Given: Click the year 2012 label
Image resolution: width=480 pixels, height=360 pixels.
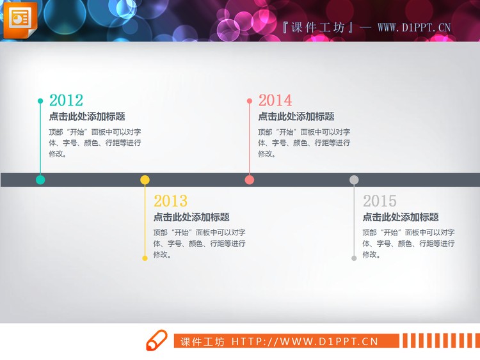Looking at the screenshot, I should pyautogui.click(x=66, y=100).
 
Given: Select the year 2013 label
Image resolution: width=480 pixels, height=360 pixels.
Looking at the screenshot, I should pyautogui.click(x=170, y=201).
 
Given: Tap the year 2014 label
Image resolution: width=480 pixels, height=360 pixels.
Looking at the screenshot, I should pyautogui.click(x=275, y=100).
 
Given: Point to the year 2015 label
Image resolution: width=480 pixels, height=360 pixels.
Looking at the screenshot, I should pyautogui.click(x=380, y=201).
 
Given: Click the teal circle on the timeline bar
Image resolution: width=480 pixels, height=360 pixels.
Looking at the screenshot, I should pyautogui.click(x=40, y=180).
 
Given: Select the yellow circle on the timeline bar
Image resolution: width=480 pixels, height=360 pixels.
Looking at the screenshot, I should pyautogui.click(x=145, y=180).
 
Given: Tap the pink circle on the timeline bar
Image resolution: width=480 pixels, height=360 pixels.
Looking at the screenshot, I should pyautogui.click(x=250, y=180).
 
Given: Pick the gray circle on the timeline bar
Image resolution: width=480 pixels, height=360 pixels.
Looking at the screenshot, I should pyautogui.click(x=354, y=180).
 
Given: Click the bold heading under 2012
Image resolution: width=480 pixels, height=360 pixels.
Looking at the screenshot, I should pyautogui.click(x=87, y=116).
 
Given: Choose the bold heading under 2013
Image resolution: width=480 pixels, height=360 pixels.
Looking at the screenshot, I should pyautogui.click(x=191, y=217).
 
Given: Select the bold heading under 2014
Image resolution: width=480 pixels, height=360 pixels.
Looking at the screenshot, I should pyautogui.click(x=296, y=116).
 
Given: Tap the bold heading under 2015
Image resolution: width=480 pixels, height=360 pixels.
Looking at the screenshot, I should pyautogui.click(x=401, y=217).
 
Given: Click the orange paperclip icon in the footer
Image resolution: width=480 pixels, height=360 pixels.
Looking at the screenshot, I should pyautogui.click(x=156, y=341).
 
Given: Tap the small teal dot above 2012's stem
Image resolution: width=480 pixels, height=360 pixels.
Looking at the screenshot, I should pyautogui.click(x=40, y=101).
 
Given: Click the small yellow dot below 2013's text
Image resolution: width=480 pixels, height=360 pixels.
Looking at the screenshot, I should pyautogui.click(x=145, y=258).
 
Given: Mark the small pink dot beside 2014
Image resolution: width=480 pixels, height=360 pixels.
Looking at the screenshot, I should pyautogui.click(x=250, y=101).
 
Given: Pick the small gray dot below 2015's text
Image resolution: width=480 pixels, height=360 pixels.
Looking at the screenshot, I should pyautogui.click(x=354, y=258).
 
